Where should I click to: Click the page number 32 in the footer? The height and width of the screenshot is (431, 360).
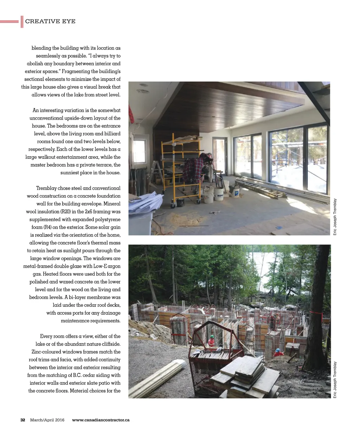click(22, 420)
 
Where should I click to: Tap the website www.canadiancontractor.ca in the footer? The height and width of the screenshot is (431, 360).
click(101, 420)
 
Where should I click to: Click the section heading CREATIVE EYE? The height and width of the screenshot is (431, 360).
click(50, 21)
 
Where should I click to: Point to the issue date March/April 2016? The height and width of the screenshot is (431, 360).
click(47, 420)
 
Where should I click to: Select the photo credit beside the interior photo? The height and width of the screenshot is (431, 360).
click(335, 217)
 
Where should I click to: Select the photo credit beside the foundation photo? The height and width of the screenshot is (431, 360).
click(335, 380)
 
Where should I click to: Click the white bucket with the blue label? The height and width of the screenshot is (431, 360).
click(219, 194)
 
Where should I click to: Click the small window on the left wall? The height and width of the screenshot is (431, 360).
click(139, 151)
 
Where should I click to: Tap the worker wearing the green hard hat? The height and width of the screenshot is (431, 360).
click(211, 341)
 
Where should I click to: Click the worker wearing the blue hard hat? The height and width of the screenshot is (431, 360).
click(278, 352)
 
